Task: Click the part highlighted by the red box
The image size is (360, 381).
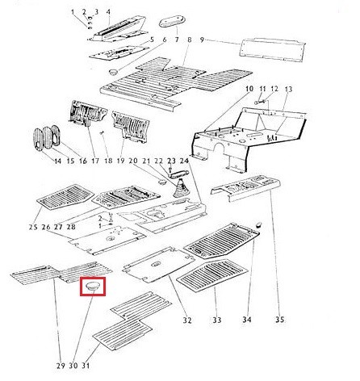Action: [x=93, y=287]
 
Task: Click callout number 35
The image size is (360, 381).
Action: [x=279, y=320]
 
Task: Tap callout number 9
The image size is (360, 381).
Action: [x=203, y=40]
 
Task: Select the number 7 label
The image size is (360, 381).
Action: [x=177, y=40]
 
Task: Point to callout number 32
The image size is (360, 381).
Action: [x=187, y=320]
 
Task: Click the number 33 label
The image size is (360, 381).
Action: [x=217, y=320]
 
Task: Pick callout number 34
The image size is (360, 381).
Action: [x=247, y=320]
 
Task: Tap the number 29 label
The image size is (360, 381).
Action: [x=61, y=366]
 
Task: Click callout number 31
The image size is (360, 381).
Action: [x=86, y=366]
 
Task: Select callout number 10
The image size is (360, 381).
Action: [x=249, y=89]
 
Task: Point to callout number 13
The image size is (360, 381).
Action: [x=288, y=89]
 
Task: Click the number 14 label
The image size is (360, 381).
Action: [x=57, y=161]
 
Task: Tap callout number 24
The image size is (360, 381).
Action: [x=184, y=161]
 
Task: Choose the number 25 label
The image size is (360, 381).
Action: [x=33, y=227]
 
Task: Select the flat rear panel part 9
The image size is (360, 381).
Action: [x=273, y=50]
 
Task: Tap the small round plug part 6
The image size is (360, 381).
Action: [x=114, y=72]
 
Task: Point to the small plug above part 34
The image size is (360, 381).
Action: [x=258, y=224]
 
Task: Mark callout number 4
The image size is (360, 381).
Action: [x=108, y=12]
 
